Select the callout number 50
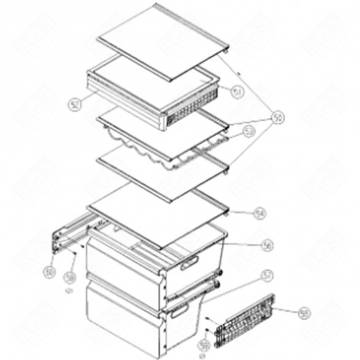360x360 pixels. point(278,117)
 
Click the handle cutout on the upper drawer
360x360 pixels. point(188,263)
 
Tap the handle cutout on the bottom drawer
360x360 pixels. point(184,311)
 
